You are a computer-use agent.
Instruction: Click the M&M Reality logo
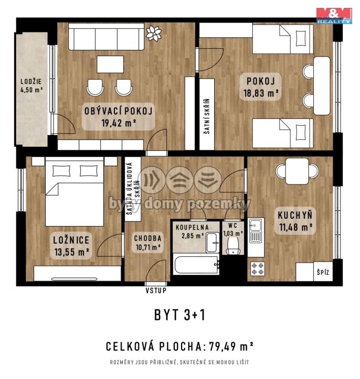coord(334,16)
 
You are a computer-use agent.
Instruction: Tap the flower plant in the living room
coord(154,33)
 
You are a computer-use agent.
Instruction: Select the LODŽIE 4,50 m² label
coord(31,85)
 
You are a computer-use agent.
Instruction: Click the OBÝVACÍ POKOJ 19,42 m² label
coord(118,117)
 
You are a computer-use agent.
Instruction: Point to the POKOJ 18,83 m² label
coord(261,87)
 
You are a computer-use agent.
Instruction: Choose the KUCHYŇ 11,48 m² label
coord(295,221)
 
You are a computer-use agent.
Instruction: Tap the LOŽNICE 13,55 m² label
coord(71,246)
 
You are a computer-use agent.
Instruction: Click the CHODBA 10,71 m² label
coord(147,242)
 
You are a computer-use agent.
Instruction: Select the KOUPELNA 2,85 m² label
coord(192,231)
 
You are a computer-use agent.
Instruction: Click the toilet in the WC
coord(233,246)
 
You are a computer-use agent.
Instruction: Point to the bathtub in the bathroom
coord(196,265)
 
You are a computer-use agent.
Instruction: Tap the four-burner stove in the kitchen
coord(257,269)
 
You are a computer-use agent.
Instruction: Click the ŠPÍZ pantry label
coord(323,273)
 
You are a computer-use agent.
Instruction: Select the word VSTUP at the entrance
coord(156,290)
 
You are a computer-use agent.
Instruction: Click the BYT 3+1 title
coord(180,315)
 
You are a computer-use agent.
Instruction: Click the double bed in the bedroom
coord(75,191)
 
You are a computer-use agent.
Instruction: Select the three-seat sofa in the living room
coord(106,37)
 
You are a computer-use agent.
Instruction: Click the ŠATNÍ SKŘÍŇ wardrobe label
coord(207,116)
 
